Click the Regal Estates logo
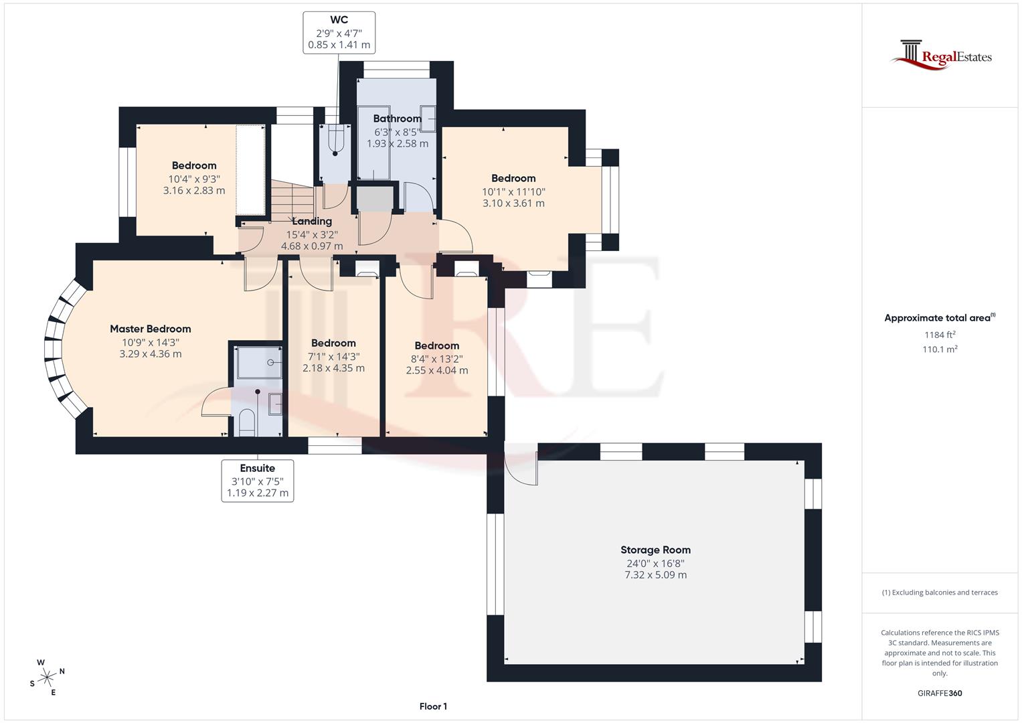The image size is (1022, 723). pos(940,55)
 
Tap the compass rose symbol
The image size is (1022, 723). pos(48,677)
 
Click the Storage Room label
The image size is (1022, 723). pos(655,550)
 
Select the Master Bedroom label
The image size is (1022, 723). pos(150,329)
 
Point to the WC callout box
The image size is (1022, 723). pos(339,33)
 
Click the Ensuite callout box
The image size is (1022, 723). pos(257,481)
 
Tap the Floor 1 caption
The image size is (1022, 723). pos(433,706)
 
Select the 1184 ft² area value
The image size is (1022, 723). pos(940,335)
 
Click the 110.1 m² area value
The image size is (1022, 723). pos(940,349)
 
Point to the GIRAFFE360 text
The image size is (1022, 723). pos(939,693)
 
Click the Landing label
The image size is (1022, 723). pos(312,221)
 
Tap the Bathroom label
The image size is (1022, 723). pos(397,118)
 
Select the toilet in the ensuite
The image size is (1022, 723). pos(247,422)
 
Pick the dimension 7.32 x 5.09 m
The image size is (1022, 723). pos(655,575)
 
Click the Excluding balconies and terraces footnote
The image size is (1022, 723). pos(940,592)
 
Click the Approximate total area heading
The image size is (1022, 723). pos(939,318)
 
